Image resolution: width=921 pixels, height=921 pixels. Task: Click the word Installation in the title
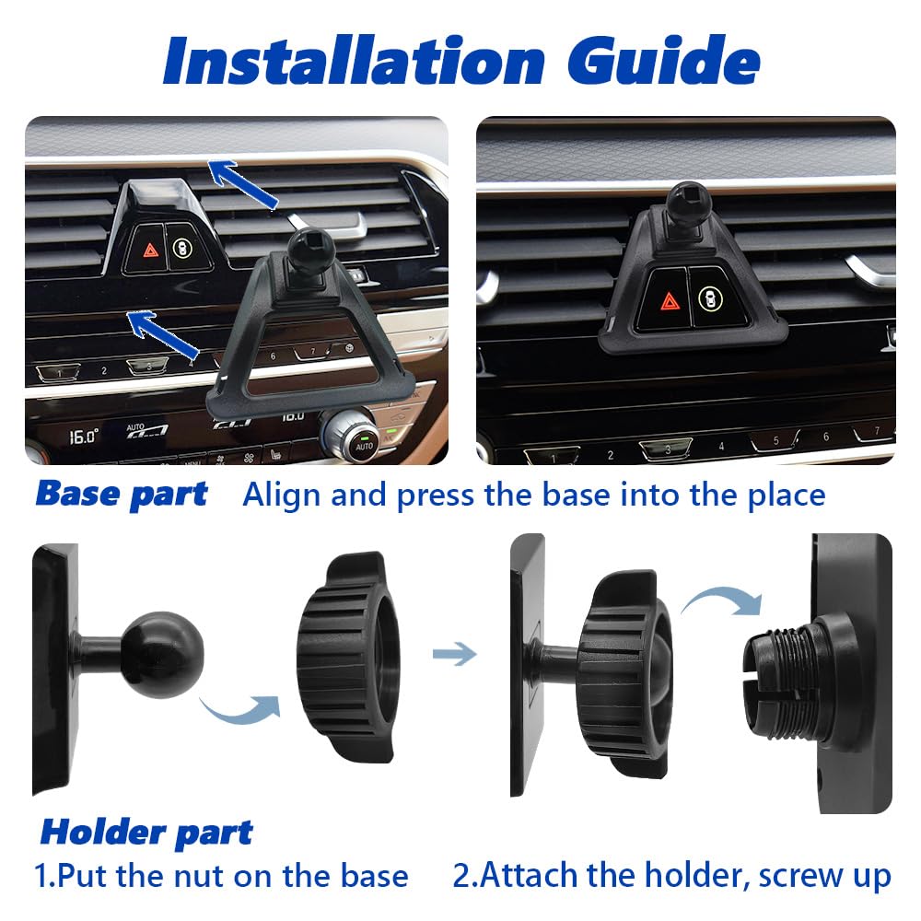[x=355, y=60]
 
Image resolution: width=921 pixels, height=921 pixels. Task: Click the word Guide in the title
[x=664, y=60]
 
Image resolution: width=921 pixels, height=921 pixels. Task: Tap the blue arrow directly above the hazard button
[x=242, y=183]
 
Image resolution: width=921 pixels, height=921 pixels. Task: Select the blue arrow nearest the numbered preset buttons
[x=163, y=333]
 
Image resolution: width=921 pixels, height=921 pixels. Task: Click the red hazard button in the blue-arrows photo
[x=150, y=250]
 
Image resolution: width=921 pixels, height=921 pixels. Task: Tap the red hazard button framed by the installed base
[x=669, y=301]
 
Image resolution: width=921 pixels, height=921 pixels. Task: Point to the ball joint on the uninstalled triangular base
[x=309, y=251]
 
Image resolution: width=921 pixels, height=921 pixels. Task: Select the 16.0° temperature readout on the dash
[x=84, y=437]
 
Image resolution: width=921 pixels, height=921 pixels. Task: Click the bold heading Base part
[x=122, y=495]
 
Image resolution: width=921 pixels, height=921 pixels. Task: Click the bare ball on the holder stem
[x=163, y=654]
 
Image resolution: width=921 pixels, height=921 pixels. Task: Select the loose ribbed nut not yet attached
[x=348, y=657]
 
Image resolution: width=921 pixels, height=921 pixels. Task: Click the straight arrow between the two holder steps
[x=454, y=654]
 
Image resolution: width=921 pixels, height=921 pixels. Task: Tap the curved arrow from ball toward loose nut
[x=240, y=709]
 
